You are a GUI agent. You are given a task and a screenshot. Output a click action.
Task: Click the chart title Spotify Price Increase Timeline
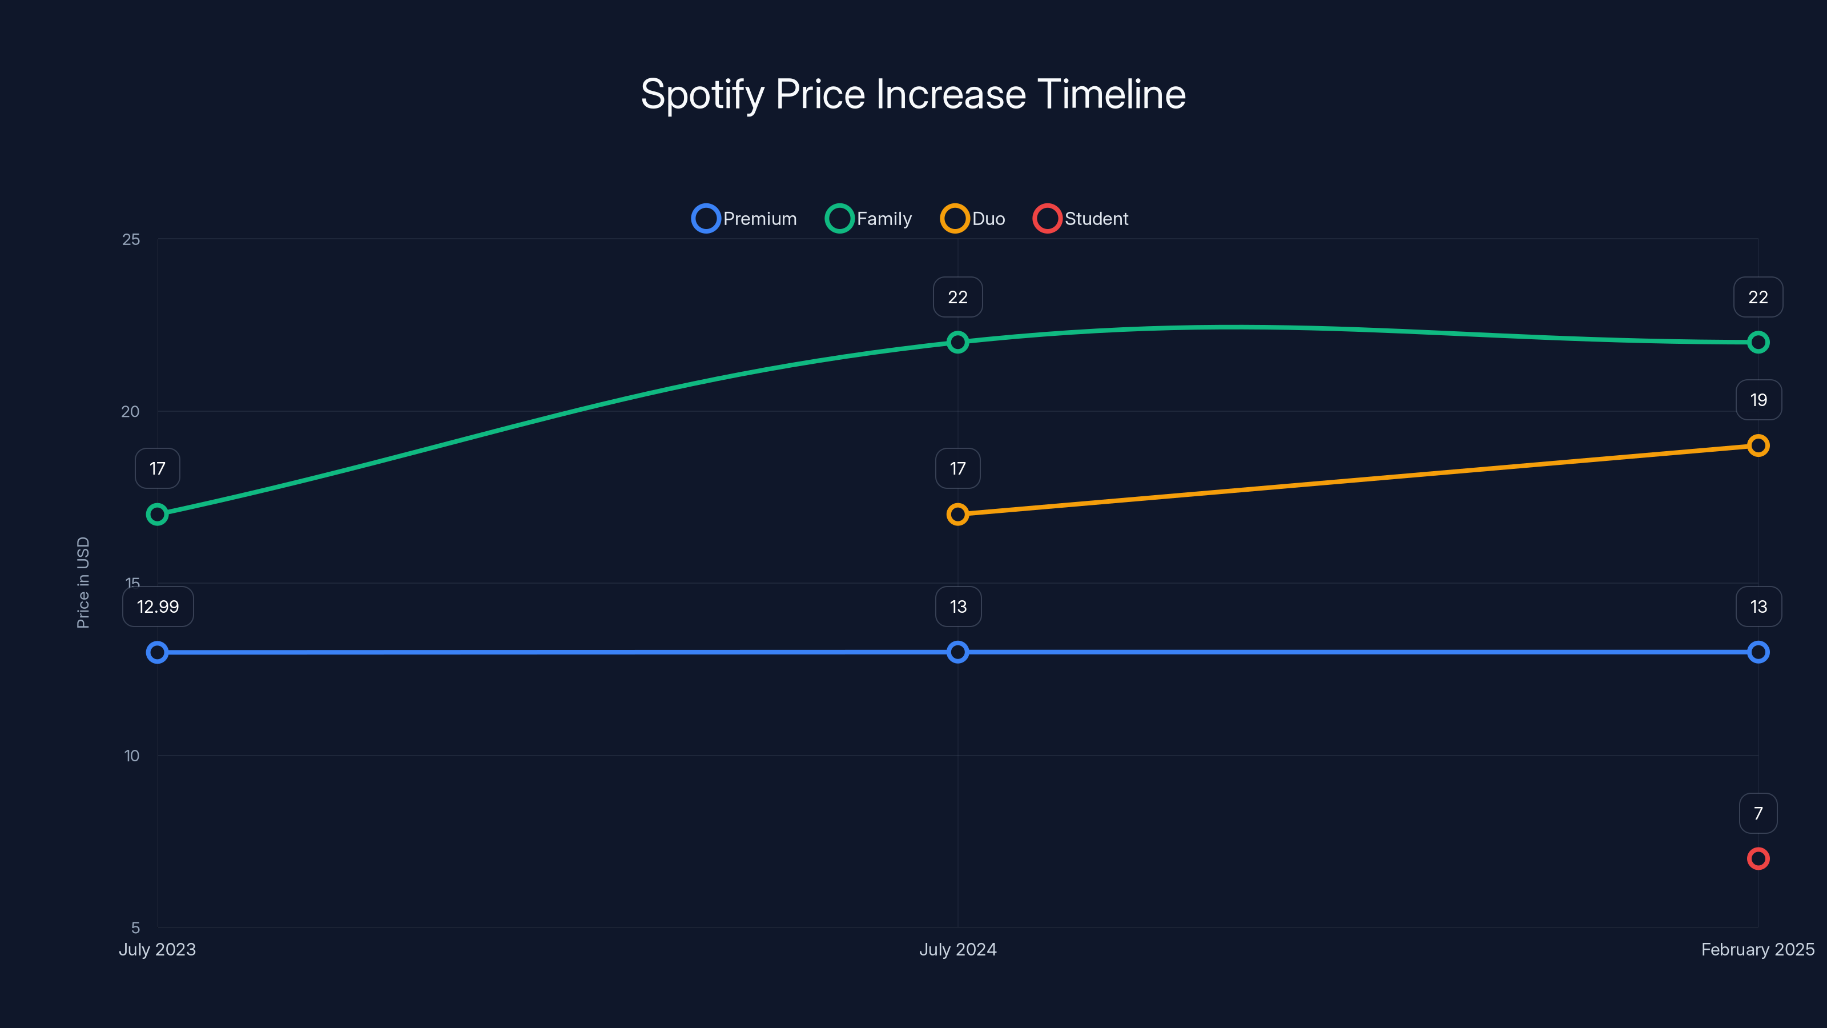pyautogui.click(x=913, y=94)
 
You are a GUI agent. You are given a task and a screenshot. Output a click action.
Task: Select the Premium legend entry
pyautogui.click(x=745, y=219)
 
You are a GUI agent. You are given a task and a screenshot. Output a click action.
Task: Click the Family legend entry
pyautogui.click(x=870, y=219)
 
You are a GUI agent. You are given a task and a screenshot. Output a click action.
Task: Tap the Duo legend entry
pyautogui.click(x=973, y=219)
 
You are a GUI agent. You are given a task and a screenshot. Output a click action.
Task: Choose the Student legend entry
pyautogui.click(x=1081, y=219)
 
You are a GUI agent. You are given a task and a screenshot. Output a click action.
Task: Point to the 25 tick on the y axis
pyautogui.click(x=131, y=240)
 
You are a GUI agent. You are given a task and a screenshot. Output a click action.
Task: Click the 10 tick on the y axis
pyautogui.click(x=132, y=756)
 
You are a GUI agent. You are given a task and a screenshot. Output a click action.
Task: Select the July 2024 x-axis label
pyautogui.click(x=957, y=949)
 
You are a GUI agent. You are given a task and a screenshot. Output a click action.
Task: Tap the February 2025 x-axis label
pyautogui.click(x=1757, y=949)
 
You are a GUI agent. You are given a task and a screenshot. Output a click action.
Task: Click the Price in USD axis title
pyautogui.click(x=83, y=583)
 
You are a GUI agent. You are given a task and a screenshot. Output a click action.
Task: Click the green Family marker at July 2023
pyautogui.click(x=158, y=515)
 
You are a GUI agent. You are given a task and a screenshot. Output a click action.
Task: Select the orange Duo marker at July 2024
pyautogui.click(x=957, y=515)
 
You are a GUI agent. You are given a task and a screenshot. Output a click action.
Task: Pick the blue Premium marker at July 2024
pyautogui.click(x=957, y=652)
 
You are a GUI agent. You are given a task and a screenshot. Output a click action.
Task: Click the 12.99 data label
pyautogui.click(x=158, y=607)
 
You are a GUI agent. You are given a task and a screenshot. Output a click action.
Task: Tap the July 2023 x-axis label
pyautogui.click(x=158, y=949)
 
